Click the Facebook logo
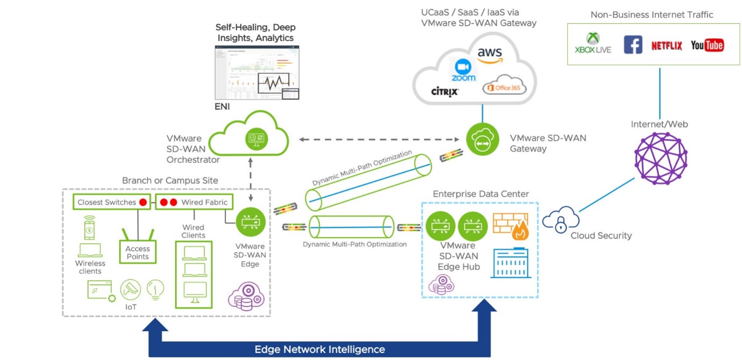pos(633,45)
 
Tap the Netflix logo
pos(666,46)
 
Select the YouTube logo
pos(707,45)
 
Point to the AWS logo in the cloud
pos(490,55)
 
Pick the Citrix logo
pos(445,91)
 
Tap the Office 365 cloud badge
pos(504,87)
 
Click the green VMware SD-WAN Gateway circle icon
pos(482,139)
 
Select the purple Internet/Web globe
pos(660,158)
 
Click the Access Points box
pos(138,252)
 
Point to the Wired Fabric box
pos(194,202)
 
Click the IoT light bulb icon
pos(155,289)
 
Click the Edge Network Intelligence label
pos(319,350)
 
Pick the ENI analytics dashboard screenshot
pos(257,73)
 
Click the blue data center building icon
pos(511,263)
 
